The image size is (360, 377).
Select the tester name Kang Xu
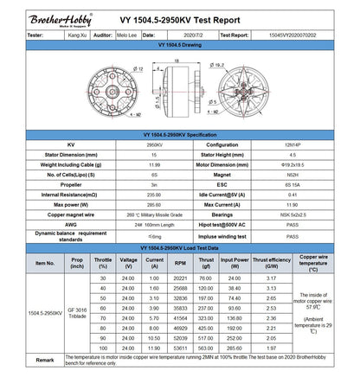click(76, 35)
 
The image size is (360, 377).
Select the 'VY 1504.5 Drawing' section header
click(179, 44)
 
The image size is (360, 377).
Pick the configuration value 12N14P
click(292, 145)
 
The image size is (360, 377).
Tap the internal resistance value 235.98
click(130, 195)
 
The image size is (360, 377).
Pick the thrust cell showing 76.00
click(205, 278)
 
